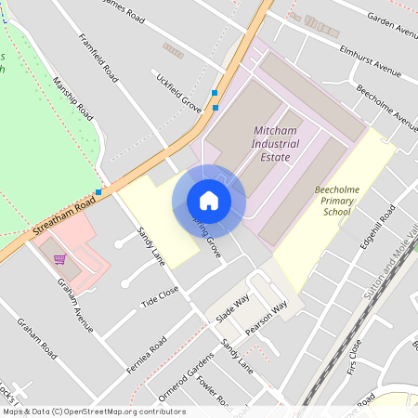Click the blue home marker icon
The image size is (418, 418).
click(x=209, y=201)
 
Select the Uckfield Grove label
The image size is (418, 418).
click(x=179, y=91)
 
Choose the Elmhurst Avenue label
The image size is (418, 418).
click(x=370, y=60)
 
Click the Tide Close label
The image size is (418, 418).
click(x=159, y=296)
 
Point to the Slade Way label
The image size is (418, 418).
click(x=233, y=310)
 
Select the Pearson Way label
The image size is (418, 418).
click(x=267, y=317)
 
